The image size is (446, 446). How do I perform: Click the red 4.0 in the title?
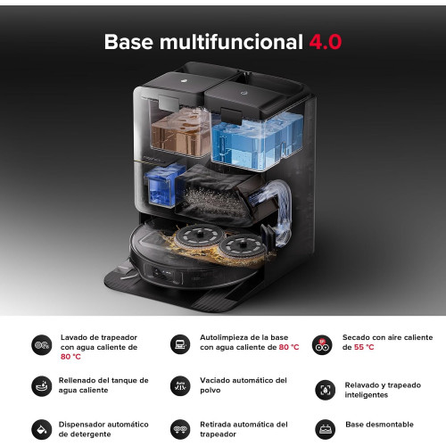[x=326, y=42]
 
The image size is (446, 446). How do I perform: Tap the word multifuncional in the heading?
[x=231, y=42]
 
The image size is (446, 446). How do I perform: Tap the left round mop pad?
[x=199, y=237]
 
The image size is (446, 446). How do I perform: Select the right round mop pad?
[x=242, y=246]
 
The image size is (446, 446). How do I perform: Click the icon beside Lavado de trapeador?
[x=42, y=345]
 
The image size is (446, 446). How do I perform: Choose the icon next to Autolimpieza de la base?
[x=180, y=344]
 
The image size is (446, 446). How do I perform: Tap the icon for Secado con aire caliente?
[x=322, y=345]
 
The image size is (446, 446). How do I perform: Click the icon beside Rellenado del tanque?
[x=42, y=386]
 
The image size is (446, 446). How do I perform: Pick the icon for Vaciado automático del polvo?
[x=180, y=386]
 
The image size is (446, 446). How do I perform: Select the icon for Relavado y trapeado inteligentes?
[x=326, y=390]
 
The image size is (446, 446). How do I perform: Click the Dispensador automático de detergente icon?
[x=42, y=429]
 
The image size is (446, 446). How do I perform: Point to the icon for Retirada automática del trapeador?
[x=180, y=429]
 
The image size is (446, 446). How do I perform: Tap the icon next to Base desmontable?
[x=326, y=429]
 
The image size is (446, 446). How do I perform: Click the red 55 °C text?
[x=364, y=347]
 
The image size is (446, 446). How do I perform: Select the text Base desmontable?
[x=379, y=425]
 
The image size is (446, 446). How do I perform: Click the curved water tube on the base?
[x=281, y=208]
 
